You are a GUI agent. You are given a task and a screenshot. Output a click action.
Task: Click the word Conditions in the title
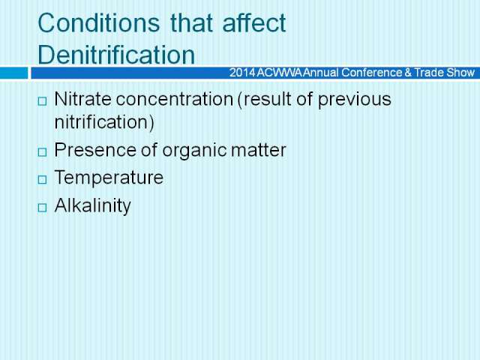98,23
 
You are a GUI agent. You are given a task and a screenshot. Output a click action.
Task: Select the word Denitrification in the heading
116,55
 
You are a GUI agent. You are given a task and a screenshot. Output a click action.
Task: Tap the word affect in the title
254,23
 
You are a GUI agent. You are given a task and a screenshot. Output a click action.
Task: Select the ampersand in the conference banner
408,73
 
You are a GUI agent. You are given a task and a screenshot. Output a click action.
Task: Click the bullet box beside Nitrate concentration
42,101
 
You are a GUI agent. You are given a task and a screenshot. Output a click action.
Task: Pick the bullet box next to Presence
42,151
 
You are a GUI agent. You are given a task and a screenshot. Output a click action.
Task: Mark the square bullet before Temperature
42,180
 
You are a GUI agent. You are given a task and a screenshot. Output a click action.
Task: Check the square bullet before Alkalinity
42,208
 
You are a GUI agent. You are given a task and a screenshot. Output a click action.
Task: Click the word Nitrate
82,99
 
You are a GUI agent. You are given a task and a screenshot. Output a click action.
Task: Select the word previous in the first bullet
355,100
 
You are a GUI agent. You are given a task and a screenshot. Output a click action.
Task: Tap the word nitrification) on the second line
104,122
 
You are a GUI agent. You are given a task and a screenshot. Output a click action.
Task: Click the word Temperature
109,178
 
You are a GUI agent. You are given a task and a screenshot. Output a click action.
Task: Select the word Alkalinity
92,205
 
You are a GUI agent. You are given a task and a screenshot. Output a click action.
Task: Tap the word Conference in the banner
371,73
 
